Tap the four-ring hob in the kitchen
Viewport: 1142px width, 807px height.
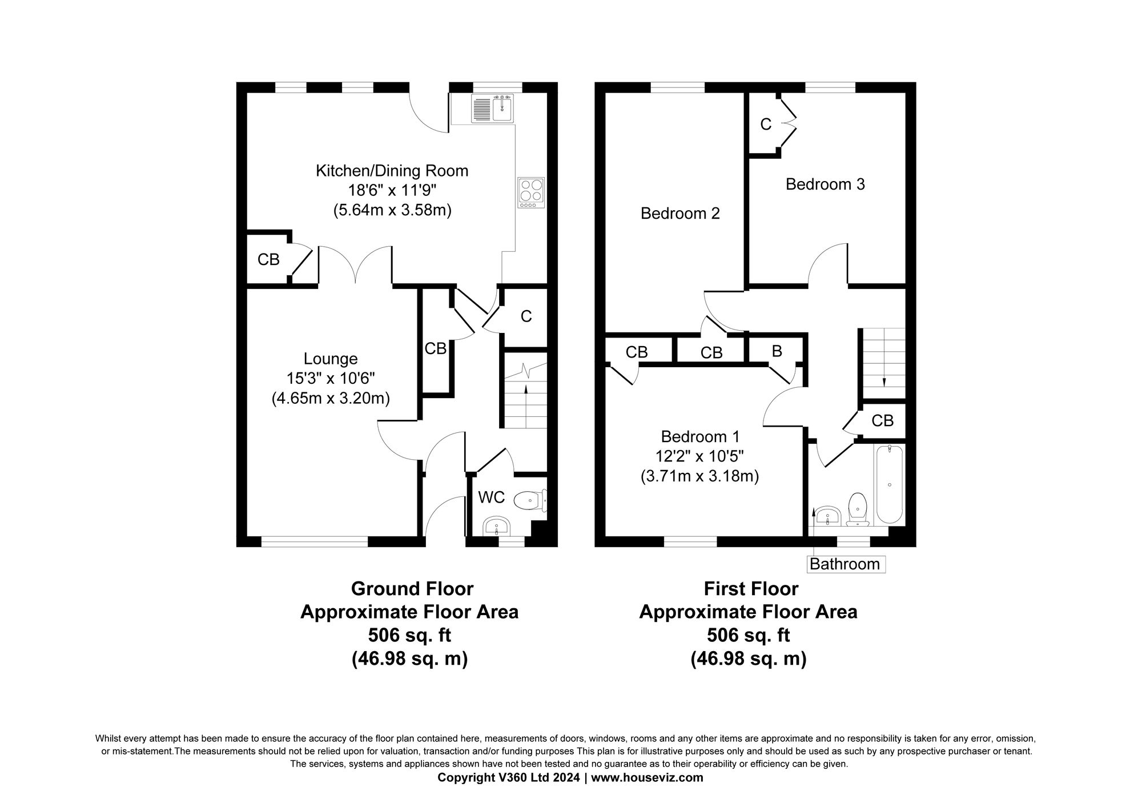tap(532, 192)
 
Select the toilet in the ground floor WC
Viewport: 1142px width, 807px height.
tap(529, 501)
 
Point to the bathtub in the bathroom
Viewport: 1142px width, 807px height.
tap(890, 484)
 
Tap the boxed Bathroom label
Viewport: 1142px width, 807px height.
tap(845, 564)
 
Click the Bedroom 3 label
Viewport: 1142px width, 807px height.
tap(825, 184)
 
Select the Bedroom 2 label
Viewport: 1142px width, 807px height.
tap(680, 214)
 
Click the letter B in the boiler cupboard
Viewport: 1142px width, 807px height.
tap(777, 351)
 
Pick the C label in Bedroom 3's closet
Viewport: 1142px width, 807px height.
tap(766, 124)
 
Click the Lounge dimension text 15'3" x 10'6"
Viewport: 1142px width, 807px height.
tap(331, 378)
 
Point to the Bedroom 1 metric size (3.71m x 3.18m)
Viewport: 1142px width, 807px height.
tap(699, 476)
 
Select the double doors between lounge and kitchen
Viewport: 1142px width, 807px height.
tap(355, 266)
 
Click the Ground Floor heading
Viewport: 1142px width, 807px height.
tap(412, 588)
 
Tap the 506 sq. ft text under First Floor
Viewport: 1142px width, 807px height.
tap(748, 635)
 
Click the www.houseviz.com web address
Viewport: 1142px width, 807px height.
tap(647, 777)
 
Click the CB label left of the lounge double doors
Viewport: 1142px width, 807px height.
tap(268, 260)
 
